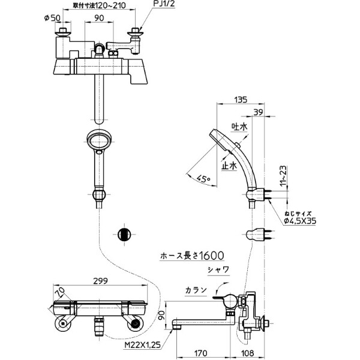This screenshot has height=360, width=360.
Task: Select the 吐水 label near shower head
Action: [239, 127]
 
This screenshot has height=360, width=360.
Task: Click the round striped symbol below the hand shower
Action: [124, 233]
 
